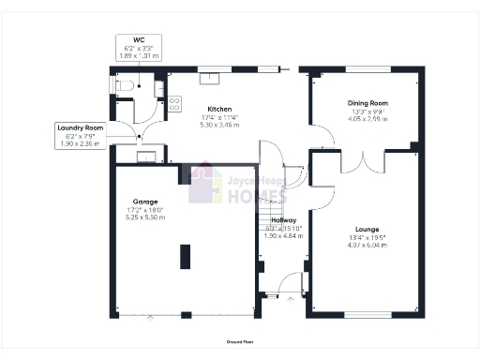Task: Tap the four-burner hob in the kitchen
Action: pos(174,105)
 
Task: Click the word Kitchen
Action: pos(219,109)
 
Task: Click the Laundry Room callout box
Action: pos(80,134)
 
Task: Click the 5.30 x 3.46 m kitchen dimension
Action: pos(219,124)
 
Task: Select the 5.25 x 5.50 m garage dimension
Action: pos(145,217)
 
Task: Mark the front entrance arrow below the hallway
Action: pos(290,300)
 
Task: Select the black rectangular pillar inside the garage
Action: pos(185,255)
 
